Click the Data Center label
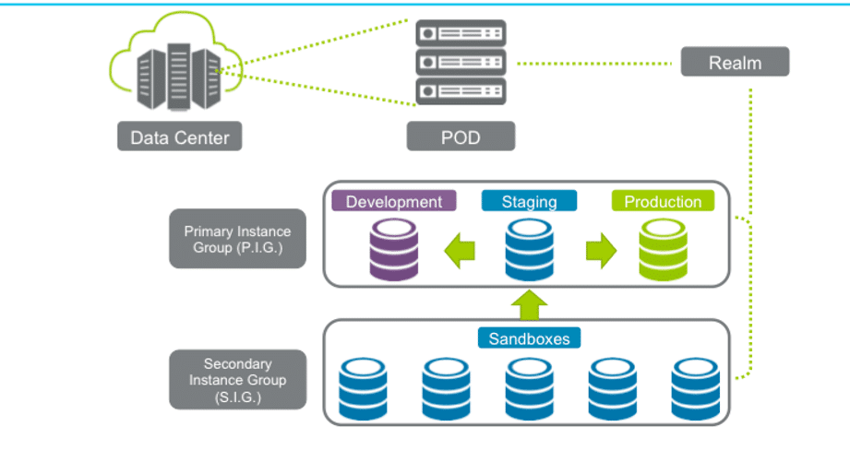pos(180,137)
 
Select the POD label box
pos(461,137)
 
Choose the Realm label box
pos(735,62)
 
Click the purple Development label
pos(394,201)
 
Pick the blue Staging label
pos(529,201)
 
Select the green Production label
pos(663,201)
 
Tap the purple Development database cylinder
pos(394,250)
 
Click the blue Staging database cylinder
pos(529,250)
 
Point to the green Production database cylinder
pos(664,250)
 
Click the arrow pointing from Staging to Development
pos(459,251)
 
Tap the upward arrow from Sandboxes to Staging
pos(529,303)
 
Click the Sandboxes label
pos(529,338)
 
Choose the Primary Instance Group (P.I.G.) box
pos(237,238)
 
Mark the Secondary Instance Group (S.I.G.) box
pos(237,379)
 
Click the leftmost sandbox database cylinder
pos(362,387)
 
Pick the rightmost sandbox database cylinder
pos(696,387)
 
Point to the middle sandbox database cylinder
pos(529,387)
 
